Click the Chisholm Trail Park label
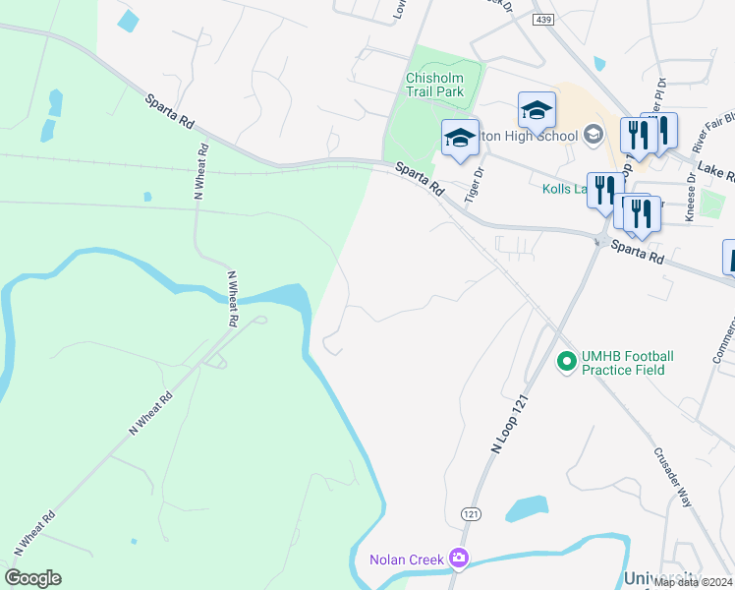coord(434,86)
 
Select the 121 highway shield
coord(470,513)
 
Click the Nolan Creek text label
coord(406,560)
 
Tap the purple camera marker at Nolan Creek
coord(457,559)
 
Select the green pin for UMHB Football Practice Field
coord(566,362)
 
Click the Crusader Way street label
coord(673,478)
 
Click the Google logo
coord(32,578)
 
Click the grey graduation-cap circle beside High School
coord(593,133)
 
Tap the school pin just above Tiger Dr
coord(459,138)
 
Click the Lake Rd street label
coord(716,173)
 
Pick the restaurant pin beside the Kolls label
coord(605,189)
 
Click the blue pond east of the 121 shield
coord(526,508)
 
